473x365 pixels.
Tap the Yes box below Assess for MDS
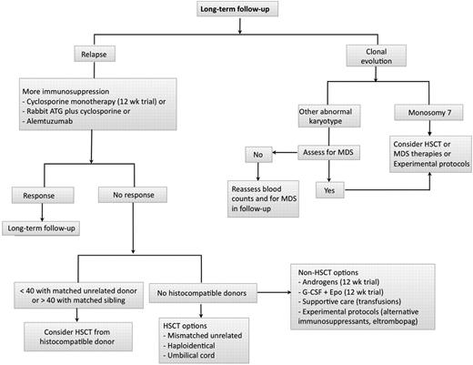point(326,190)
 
